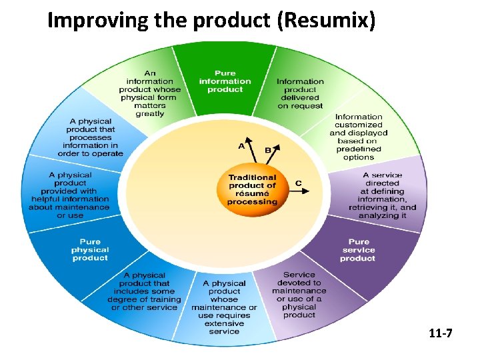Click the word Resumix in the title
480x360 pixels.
click(323, 21)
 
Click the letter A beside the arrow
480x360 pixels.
click(241, 145)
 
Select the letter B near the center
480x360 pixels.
click(268, 150)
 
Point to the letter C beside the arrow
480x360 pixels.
click(298, 183)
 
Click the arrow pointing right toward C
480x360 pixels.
click(300, 191)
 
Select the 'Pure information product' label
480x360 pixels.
click(225, 81)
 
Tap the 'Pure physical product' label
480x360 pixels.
click(89, 249)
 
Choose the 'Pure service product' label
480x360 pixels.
click(358, 250)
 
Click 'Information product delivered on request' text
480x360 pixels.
click(300, 93)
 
